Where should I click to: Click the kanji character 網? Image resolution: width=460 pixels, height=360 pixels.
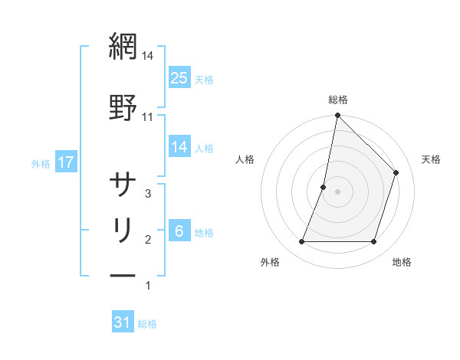tap(123, 47)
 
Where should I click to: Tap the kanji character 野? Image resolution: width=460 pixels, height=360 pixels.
tap(123, 108)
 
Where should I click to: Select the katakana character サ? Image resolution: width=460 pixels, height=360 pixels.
tap(123, 185)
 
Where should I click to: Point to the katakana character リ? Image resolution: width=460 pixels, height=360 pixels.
tap(123, 230)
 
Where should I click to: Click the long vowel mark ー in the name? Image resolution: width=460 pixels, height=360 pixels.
tap(123, 275)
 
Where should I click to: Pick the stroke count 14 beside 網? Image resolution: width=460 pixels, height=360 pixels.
tap(148, 55)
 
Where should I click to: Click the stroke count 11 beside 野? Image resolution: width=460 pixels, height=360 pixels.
tap(148, 116)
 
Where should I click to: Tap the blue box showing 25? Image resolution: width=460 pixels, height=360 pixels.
tap(179, 78)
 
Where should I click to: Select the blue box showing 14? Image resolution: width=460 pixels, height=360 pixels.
tap(179, 147)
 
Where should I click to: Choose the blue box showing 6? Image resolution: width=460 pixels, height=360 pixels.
tap(179, 231)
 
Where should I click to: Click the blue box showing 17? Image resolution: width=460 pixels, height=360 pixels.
tap(66, 162)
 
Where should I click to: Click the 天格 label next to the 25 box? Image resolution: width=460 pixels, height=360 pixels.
tap(204, 80)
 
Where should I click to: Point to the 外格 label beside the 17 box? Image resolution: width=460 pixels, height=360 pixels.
tap(41, 163)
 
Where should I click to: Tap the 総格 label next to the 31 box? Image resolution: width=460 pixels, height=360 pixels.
tap(147, 324)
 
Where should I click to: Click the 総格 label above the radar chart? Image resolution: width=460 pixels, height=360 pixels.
tap(338, 100)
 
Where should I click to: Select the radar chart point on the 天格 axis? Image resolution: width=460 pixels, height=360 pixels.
tap(396, 172)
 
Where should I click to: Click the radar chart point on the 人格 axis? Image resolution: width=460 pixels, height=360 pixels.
tap(324, 187)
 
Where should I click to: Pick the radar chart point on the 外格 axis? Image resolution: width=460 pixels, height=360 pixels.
tap(302, 242)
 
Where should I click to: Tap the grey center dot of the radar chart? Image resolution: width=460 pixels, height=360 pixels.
tap(338, 191)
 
